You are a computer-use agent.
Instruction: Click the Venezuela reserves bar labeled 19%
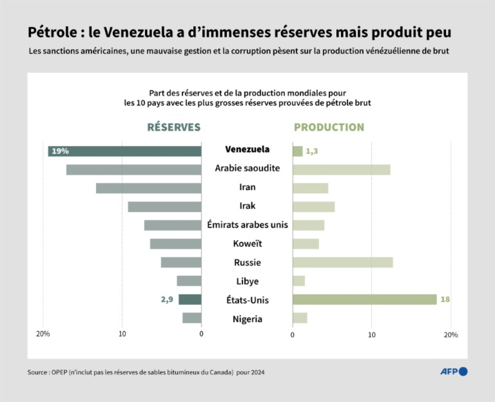click(x=125, y=151)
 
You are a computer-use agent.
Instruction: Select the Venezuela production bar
click(x=297, y=151)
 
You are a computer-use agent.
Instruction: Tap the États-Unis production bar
click(x=364, y=300)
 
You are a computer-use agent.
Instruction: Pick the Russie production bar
click(x=342, y=263)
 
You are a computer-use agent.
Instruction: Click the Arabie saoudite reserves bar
click(x=134, y=170)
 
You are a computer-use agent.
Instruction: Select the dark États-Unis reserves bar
click(x=190, y=300)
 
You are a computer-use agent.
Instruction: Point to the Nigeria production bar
click(x=300, y=318)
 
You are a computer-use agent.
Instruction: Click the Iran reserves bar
click(x=149, y=188)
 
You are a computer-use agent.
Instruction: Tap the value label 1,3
click(x=312, y=151)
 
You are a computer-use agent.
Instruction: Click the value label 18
click(x=445, y=300)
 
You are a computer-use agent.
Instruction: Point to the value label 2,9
click(x=167, y=300)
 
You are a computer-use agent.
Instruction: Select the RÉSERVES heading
click(x=174, y=127)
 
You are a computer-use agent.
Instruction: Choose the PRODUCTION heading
click(x=329, y=127)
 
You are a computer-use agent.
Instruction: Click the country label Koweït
click(x=247, y=244)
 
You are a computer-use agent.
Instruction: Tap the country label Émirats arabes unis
click(x=247, y=225)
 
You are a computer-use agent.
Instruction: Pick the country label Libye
click(x=247, y=281)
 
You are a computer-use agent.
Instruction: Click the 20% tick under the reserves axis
click(x=43, y=334)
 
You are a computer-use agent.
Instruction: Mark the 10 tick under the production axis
click(x=371, y=335)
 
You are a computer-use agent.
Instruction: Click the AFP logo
click(x=453, y=371)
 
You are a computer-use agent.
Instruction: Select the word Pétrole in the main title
click(x=52, y=33)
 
